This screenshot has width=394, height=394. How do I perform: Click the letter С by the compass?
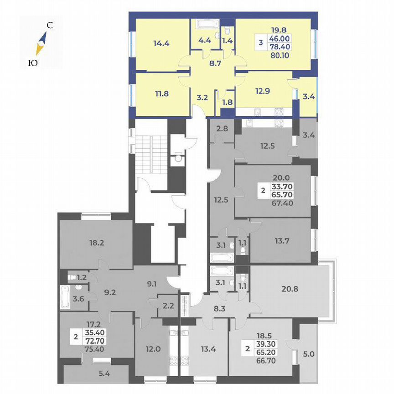[x=50, y=26]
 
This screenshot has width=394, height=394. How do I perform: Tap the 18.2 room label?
[x=96, y=243]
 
